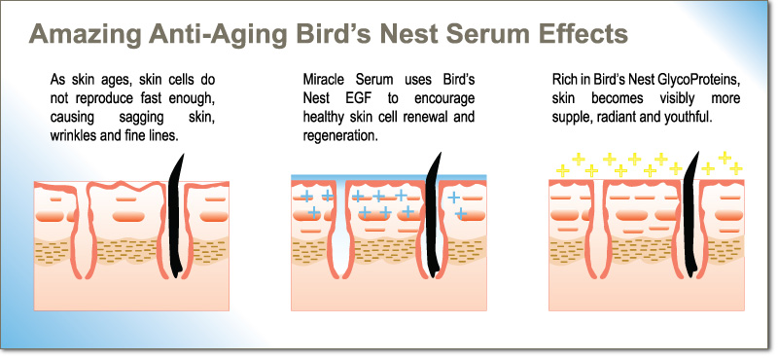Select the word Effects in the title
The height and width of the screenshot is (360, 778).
point(571,34)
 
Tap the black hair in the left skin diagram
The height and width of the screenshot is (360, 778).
point(176,216)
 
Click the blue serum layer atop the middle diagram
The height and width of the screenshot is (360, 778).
point(388,177)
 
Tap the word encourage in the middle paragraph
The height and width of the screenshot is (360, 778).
point(442,98)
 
